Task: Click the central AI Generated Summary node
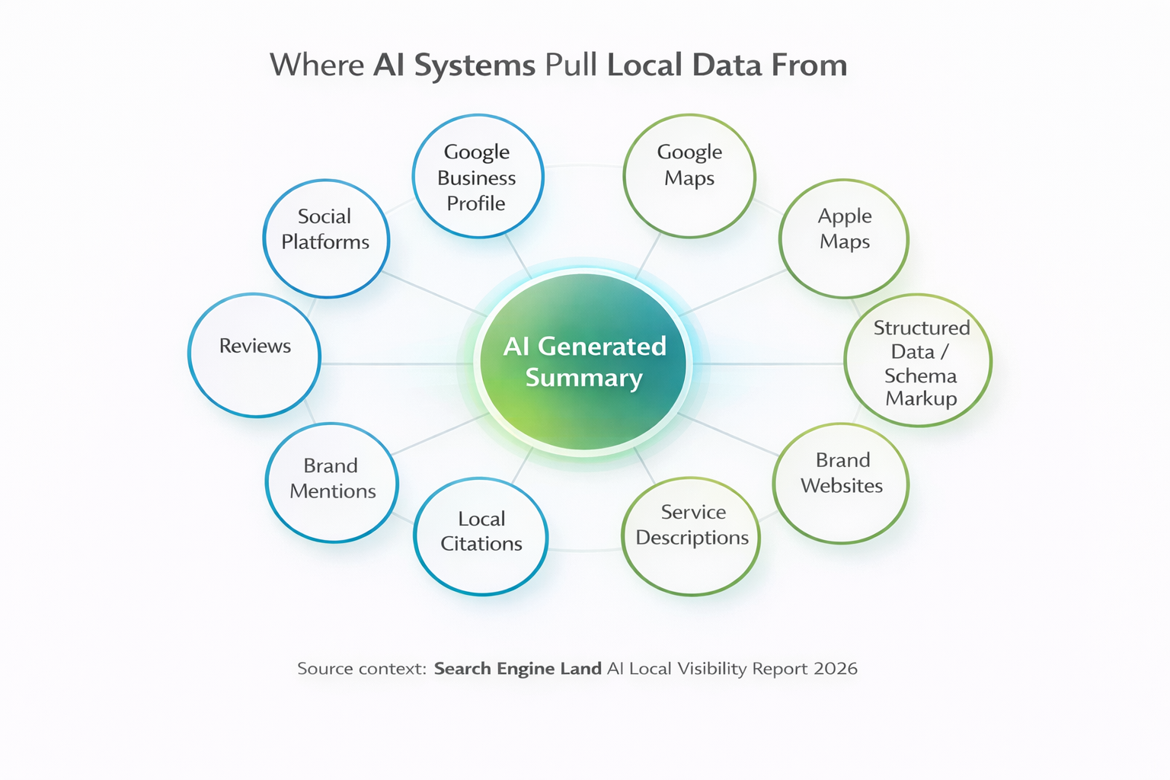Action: (x=583, y=362)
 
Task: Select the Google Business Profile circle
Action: (x=478, y=177)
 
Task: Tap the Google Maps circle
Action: (x=689, y=176)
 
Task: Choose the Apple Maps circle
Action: (x=844, y=238)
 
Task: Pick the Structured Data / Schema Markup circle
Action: (x=918, y=360)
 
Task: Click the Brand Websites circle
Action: (x=841, y=483)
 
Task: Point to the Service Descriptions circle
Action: (x=691, y=536)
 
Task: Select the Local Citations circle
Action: (x=481, y=536)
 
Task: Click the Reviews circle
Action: (x=254, y=355)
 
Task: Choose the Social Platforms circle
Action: (x=327, y=238)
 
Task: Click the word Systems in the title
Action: (x=475, y=66)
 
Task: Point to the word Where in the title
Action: (x=317, y=65)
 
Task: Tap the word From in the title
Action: (x=809, y=65)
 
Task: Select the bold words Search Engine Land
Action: (x=518, y=670)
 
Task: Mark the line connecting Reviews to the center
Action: (x=398, y=363)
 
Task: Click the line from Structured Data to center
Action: (x=768, y=363)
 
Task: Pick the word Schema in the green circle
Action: (x=920, y=376)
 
